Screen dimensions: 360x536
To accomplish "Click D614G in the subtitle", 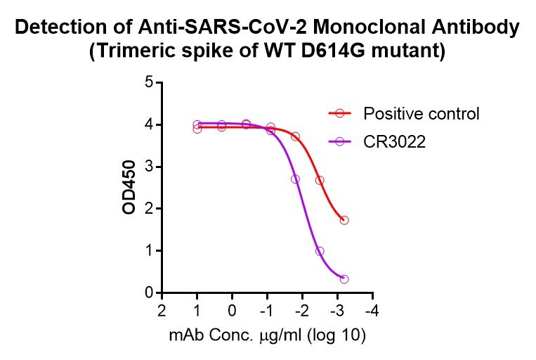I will point(346,52).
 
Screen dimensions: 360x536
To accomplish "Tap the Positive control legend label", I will point(421,113).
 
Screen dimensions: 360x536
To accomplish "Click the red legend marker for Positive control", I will point(340,113).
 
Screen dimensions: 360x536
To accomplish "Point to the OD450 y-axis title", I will point(129,187).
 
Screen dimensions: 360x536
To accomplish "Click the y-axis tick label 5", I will point(149,82).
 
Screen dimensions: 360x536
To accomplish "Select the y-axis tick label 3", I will point(149,167).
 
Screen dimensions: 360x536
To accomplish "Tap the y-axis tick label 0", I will point(149,292).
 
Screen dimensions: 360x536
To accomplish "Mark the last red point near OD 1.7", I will point(344,220).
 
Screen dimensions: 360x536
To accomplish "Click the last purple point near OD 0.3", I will point(344,279).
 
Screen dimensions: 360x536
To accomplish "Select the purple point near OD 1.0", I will point(320,251).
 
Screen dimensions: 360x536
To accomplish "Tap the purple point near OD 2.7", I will point(295,179).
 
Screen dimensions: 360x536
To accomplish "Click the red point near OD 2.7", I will point(320,180).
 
